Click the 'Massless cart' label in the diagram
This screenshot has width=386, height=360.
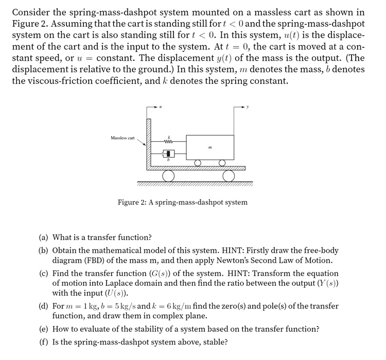tap(122, 138)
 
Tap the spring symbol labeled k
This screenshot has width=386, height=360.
tap(168, 142)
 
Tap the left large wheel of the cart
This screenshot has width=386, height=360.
tap(167, 176)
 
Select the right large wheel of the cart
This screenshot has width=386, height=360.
tap(229, 176)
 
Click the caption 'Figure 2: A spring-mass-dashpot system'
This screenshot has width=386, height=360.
tap(182, 202)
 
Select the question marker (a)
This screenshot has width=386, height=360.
tap(44, 237)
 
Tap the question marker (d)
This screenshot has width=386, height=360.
tap(44, 306)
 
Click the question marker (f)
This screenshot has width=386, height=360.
tap(44, 342)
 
